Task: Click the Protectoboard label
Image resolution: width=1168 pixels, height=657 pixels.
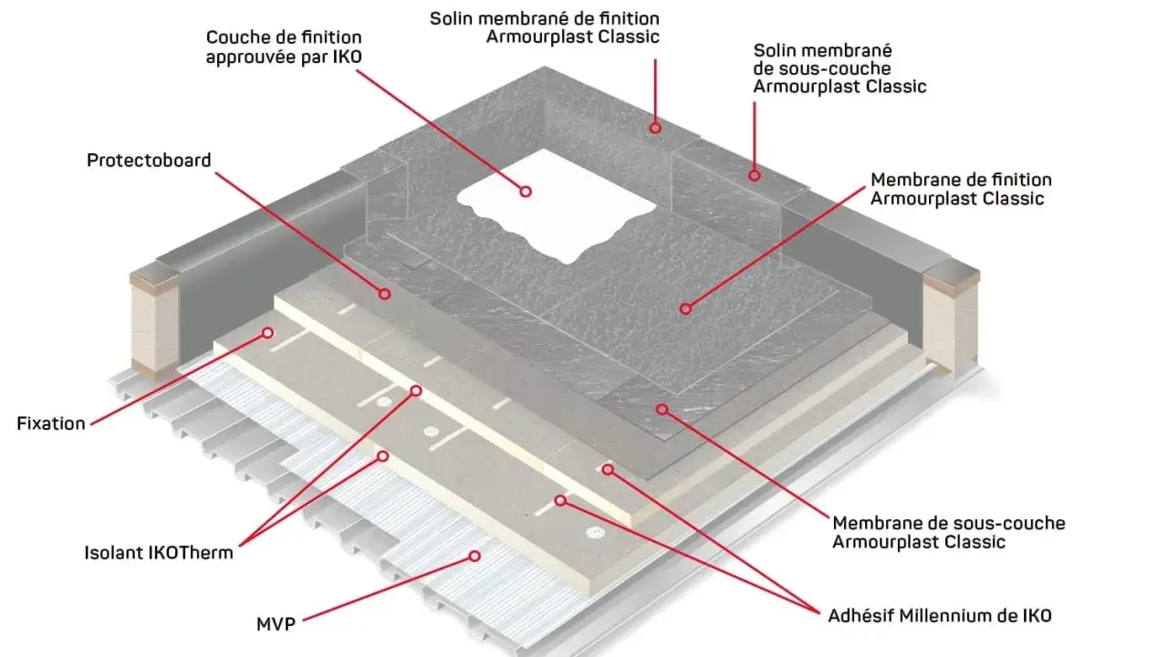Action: click(x=149, y=161)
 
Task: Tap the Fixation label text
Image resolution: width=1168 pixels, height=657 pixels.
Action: click(x=51, y=423)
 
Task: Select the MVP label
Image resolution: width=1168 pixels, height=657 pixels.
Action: click(x=276, y=623)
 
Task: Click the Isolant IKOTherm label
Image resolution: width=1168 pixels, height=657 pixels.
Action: click(x=159, y=553)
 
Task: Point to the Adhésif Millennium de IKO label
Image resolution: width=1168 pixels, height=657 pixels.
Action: click(x=940, y=616)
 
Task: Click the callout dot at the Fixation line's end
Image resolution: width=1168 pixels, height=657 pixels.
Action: click(x=267, y=333)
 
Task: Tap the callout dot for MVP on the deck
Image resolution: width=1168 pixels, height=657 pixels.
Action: click(x=474, y=557)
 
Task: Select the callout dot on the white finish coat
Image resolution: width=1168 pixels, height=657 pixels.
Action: click(x=526, y=192)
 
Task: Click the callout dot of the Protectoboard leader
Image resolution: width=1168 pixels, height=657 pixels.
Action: click(x=384, y=294)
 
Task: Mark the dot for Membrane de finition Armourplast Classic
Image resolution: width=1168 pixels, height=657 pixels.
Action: click(x=685, y=308)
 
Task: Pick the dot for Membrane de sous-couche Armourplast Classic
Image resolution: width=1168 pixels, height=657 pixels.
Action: click(x=662, y=410)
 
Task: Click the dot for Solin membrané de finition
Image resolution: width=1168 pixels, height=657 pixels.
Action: click(x=655, y=128)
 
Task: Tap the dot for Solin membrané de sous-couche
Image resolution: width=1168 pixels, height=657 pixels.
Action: click(x=755, y=176)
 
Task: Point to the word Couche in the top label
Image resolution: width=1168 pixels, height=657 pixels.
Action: click(x=235, y=37)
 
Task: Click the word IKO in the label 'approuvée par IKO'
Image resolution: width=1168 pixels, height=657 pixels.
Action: click(x=348, y=57)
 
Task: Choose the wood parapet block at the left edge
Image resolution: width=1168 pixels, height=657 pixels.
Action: click(x=155, y=318)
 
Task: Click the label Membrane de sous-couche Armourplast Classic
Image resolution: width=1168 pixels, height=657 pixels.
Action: click(x=948, y=532)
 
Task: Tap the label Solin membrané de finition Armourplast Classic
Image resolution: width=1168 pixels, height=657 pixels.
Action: click(x=545, y=27)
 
